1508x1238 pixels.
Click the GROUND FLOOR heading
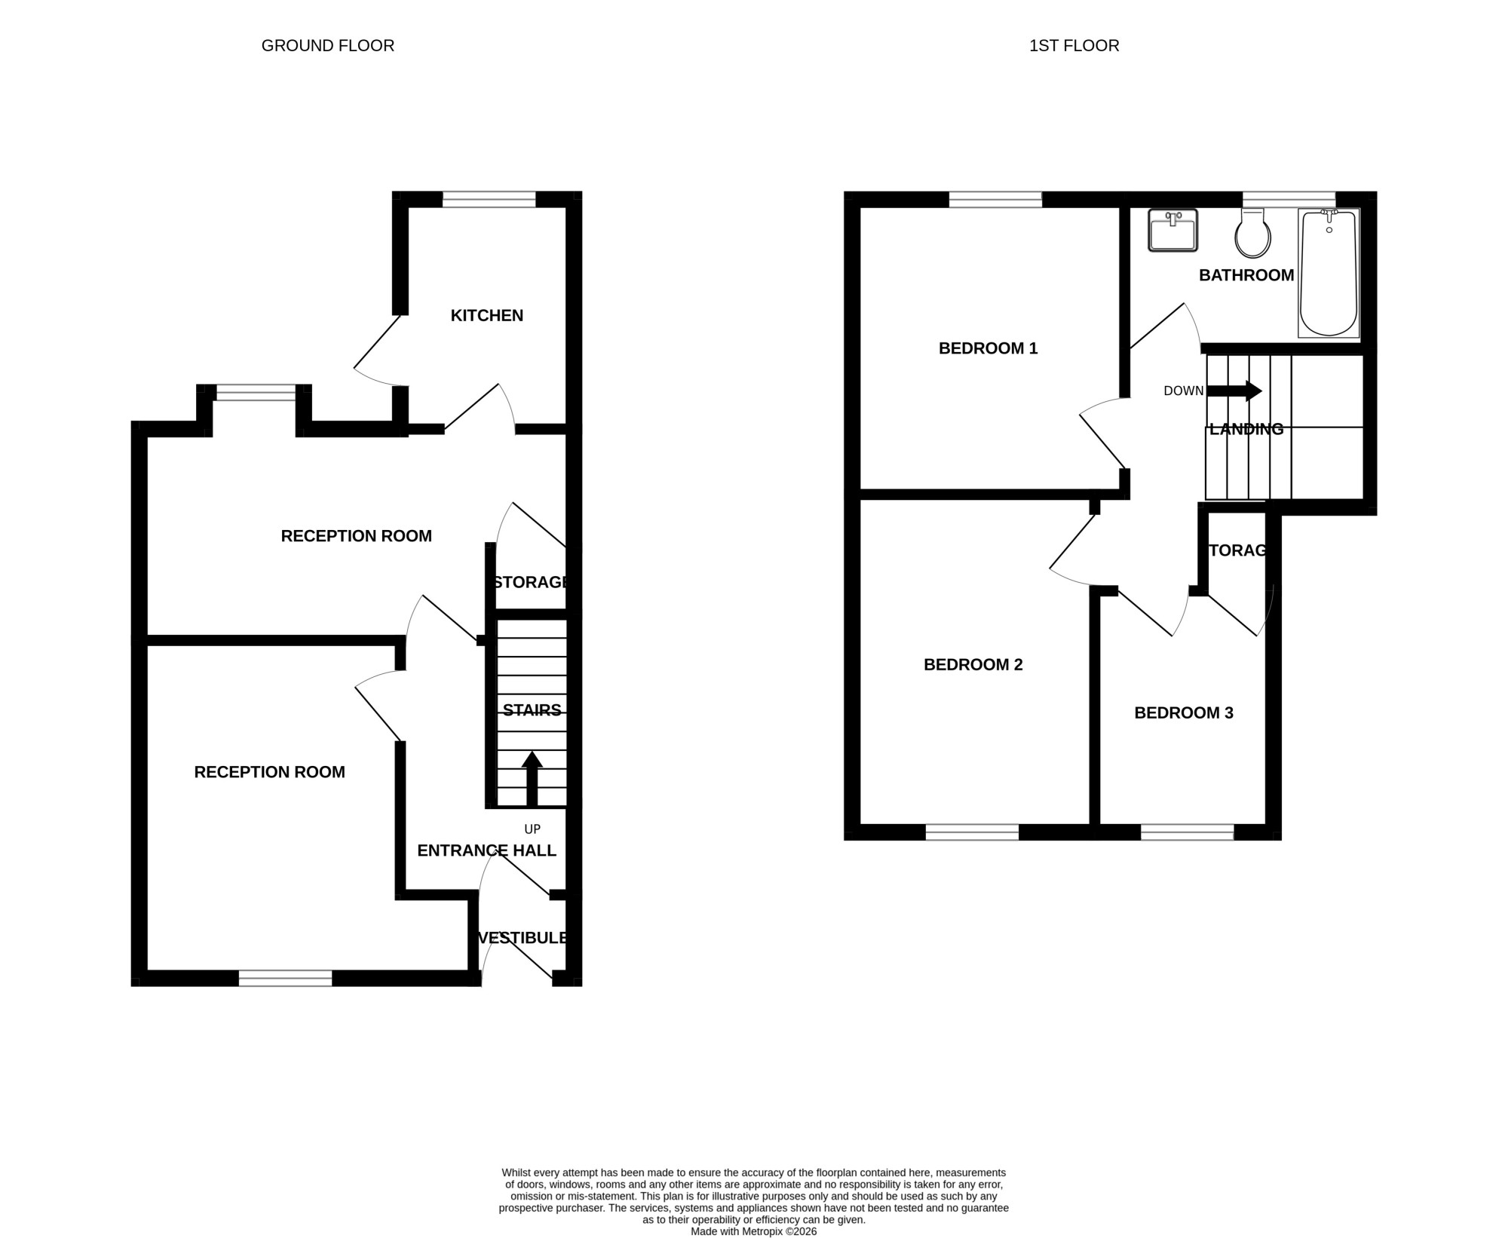[328, 46]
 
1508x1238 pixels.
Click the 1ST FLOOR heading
[1074, 46]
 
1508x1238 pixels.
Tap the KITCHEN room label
[487, 316]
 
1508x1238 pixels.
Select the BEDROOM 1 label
[988, 348]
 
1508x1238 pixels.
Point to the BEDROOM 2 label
[973, 665]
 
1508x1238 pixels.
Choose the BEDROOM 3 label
[1184, 713]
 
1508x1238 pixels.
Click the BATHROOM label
[1246, 276]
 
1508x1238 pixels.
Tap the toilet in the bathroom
[1252, 233]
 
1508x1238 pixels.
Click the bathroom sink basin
[1172, 230]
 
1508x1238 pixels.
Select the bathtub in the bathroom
[1329, 273]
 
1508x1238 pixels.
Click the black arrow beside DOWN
[1234, 391]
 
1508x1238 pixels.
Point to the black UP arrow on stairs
[532, 779]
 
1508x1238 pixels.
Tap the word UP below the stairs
[532, 829]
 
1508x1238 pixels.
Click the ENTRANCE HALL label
[487, 851]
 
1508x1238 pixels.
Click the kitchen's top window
[489, 200]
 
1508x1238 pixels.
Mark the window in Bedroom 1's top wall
[995, 200]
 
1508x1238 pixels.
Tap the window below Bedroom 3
[1188, 832]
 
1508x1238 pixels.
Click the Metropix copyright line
[754, 1232]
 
